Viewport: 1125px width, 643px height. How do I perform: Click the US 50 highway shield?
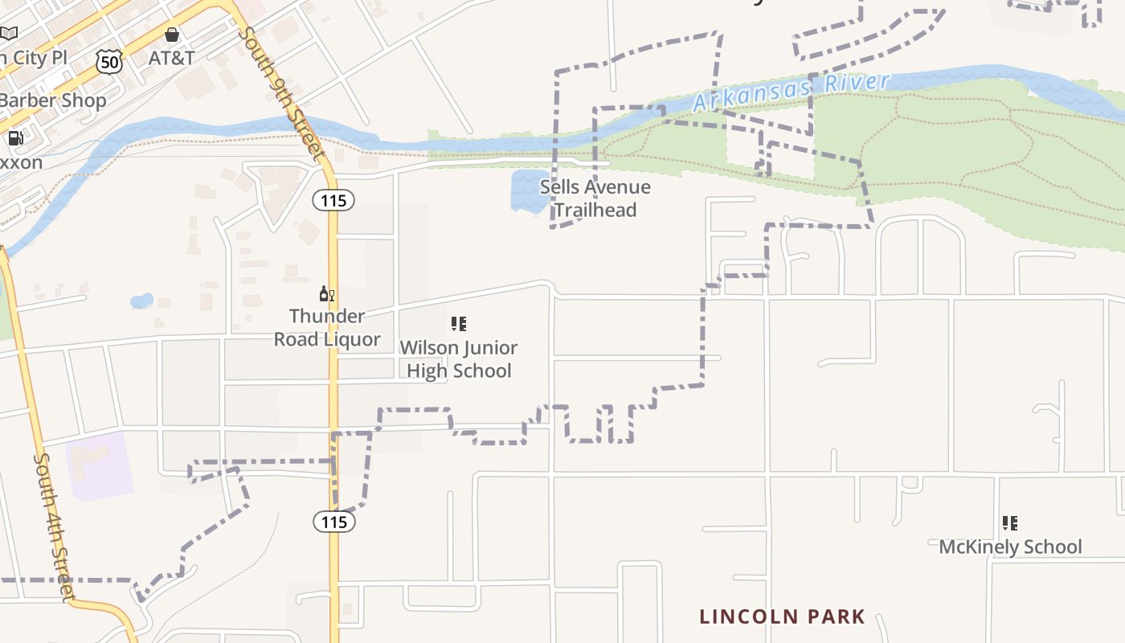pos(109,61)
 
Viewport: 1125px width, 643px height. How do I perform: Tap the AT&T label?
pos(171,58)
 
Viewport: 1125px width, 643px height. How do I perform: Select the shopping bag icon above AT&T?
pos(171,35)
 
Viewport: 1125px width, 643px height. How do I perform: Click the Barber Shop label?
pos(53,100)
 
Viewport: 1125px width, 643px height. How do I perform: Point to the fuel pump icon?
pos(14,138)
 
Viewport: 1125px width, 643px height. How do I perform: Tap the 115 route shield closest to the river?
pos(333,200)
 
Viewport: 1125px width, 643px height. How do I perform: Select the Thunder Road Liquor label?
pos(327,327)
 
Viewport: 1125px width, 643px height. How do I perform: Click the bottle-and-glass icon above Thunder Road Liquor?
pos(326,294)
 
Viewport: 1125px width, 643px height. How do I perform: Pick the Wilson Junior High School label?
pos(459,358)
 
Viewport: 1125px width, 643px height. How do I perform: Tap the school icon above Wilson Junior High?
pos(458,324)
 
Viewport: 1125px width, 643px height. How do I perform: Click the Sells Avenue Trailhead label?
pos(595,199)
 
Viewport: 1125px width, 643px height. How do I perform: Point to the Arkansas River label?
pos(792,92)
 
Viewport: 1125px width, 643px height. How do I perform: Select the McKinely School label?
pos(1010,547)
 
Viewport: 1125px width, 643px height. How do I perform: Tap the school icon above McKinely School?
pos(1010,524)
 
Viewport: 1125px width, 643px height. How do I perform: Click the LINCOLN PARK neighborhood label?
pos(782,616)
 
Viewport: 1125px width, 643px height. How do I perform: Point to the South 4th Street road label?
pos(54,526)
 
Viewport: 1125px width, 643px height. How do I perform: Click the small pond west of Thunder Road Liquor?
pos(141,301)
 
